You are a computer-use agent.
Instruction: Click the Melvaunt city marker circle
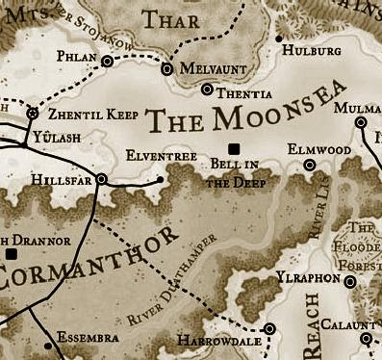coord(166,69)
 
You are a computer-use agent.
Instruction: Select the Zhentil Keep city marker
coord(32,114)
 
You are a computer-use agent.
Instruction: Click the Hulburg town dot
coord(278,39)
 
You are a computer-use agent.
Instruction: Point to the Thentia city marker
coord(208,90)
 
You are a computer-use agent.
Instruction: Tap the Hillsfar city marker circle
coord(102,178)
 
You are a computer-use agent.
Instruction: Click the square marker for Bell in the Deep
coord(233,148)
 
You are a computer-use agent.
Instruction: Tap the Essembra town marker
coord(41,339)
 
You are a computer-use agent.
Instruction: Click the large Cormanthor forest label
coord(87,258)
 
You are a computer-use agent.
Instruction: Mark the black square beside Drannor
coord(12,253)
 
